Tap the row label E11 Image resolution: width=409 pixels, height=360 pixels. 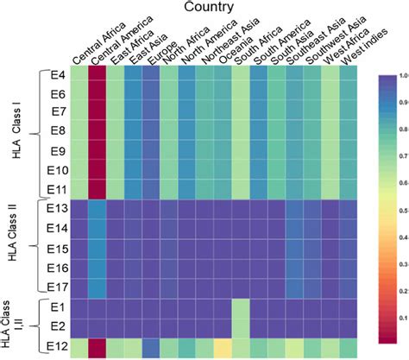coord(56,187)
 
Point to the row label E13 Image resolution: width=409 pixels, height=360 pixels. coord(56,210)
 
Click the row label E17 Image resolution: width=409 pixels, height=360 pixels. coord(56,285)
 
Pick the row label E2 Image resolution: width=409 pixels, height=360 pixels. coord(58,327)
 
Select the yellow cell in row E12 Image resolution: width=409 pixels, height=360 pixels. coord(223,349)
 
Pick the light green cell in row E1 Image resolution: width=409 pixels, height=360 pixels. coord(241,306)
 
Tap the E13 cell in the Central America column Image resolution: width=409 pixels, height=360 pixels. coord(97,210)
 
